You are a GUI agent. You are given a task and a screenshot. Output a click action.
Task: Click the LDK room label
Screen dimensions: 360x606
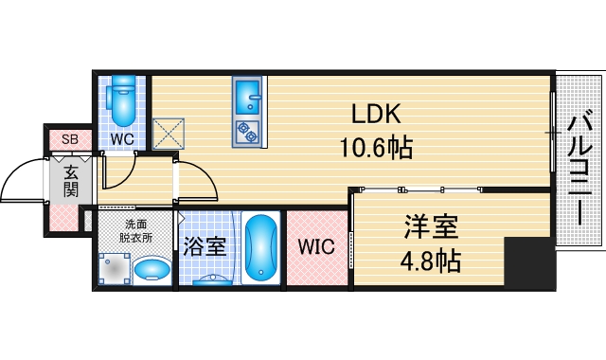point(377,115)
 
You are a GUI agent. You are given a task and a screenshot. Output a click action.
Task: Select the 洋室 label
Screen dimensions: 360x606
point(431,227)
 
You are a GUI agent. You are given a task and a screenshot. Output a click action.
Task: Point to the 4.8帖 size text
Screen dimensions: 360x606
point(431,260)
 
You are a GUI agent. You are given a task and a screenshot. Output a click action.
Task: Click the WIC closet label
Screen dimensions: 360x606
point(315,248)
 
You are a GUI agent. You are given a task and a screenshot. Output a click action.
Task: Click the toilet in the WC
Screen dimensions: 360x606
point(122,102)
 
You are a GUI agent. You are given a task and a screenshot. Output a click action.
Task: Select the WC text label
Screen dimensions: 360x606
point(121,139)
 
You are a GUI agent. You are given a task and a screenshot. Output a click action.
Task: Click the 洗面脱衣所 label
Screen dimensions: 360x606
point(135,232)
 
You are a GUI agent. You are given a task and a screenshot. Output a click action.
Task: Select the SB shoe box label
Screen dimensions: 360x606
point(69,140)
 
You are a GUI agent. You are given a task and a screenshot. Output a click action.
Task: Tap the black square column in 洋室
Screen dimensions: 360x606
point(526,262)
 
